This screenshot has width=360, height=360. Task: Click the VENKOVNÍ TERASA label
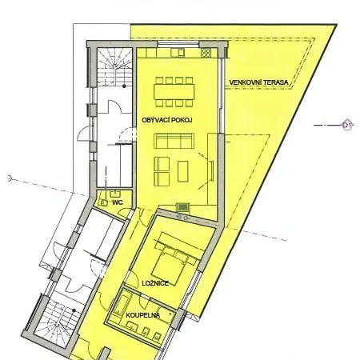[x=258, y=82]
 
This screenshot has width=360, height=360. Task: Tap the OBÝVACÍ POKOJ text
[x=167, y=120]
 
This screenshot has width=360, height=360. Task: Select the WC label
[x=118, y=202]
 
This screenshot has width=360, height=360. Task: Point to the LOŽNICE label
[x=155, y=283]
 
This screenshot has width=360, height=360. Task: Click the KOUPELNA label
[x=143, y=315]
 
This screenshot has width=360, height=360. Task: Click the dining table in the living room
[x=174, y=92]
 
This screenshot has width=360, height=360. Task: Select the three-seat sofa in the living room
[x=174, y=141]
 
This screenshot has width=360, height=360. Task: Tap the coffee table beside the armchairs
[x=183, y=171]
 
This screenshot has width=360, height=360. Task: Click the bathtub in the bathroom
[x=122, y=303]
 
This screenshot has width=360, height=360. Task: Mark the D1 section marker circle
[x=347, y=125]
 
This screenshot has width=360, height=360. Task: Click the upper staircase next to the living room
[x=114, y=66]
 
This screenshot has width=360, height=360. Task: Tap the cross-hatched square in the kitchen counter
[x=206, y=53]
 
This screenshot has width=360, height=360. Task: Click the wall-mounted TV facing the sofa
[x=212, y=171]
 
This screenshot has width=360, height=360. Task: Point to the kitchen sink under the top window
[x=178, y=53]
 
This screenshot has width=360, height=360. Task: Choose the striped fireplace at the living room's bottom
[x=183, y=207]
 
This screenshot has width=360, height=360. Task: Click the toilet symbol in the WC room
[x=102, y=202]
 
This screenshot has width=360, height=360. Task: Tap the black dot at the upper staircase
[x=124, y=86]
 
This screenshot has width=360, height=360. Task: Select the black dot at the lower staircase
[x=74, y=310]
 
